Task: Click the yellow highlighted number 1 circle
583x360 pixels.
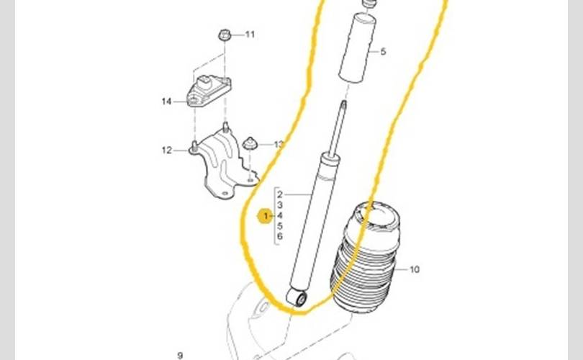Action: pos(265,216)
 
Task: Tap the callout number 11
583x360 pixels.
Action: pos(250,35)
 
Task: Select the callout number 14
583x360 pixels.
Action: pos(166,101)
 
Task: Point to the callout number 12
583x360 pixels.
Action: pos(167,150)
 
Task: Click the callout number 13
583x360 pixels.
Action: pos(279,144)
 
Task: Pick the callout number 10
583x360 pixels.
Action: pos(415,269)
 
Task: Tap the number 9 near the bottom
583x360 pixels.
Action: pos(181,356)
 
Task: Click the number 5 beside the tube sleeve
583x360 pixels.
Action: pos(384,52)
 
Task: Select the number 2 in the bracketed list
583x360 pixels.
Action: pos(280,194)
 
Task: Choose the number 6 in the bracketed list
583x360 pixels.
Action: pos(280,236)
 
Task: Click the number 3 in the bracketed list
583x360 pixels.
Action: pos(280,205)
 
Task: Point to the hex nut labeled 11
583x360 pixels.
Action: pos(225,35)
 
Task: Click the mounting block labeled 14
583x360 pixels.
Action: pos(209,91)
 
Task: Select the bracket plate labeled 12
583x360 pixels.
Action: pos(223,163)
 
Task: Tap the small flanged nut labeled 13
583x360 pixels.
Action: pos(250,143)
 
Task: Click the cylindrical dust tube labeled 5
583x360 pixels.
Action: pos(357,48)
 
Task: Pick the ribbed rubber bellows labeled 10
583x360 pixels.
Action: pos(365,257)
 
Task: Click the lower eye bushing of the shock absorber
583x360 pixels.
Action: pos(297,298)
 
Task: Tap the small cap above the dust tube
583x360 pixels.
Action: pos(369,4)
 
